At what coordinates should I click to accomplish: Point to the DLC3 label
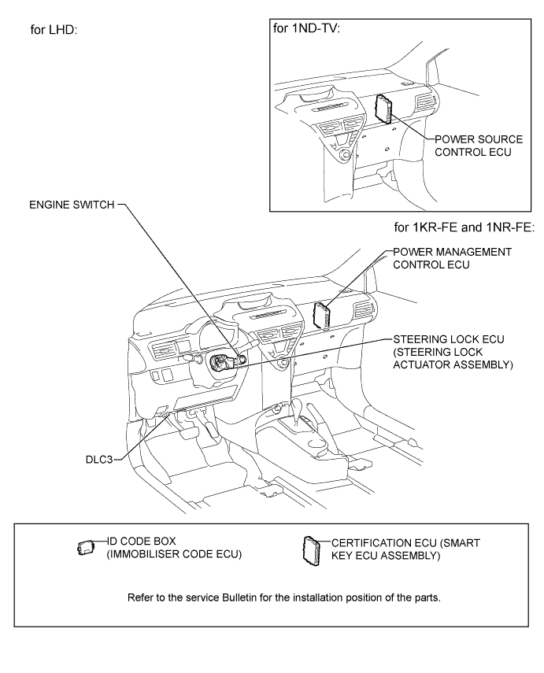[100, 457]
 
